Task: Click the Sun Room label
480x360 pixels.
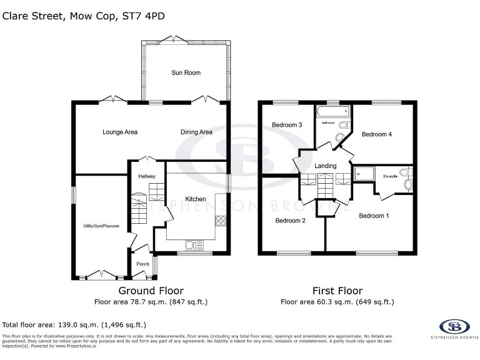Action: pyautogui.click(x=186, y=72)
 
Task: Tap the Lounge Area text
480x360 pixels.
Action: pyautogui.click(x=120, y=132)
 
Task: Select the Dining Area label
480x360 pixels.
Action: pyautogui.click(x=196, y=132)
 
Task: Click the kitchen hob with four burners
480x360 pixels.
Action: pyautogui.click(x=221, y=220)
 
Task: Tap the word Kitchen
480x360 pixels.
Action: pyautogui.click(x=187, y=199)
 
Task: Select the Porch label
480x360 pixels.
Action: pyautogui.click(x=142, y=264)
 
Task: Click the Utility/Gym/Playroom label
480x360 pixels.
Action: pyautogui.click(x=102, y=226)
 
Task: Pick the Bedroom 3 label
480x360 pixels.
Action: pyautogui.click(x=287, y=125)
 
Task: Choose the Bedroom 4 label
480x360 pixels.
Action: pyautogui.click(x=377, y=134)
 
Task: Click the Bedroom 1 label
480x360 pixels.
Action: pyautogui.click(x=374, y=216)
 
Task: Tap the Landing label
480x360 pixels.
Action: pyautogui.click(x=325, y=166)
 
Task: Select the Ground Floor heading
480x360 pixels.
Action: pyautogui.click(x=151, y=291)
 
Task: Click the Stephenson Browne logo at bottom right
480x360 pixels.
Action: pyautogui.click(x=454, y=327)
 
